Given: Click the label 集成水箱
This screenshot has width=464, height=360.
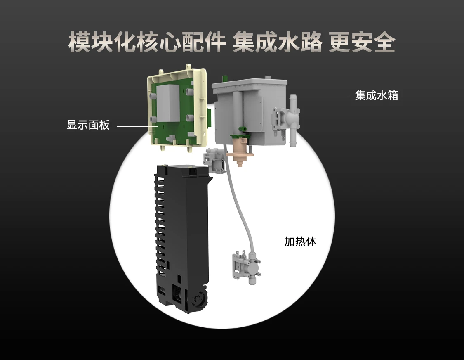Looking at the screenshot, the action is (377, 96).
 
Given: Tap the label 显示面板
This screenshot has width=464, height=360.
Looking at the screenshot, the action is (88, 125).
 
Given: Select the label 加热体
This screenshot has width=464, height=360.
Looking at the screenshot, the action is (300, 242).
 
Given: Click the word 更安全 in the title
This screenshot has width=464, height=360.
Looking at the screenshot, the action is (362, 43).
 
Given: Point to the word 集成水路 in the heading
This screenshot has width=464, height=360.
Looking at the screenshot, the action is (277, 43).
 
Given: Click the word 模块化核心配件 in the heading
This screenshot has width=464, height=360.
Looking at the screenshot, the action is (147, 43).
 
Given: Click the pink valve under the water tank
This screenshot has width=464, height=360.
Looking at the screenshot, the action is (240, 151).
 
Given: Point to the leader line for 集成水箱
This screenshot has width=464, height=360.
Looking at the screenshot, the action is (313, 97).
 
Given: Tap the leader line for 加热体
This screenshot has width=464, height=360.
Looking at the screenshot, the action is (243, 242).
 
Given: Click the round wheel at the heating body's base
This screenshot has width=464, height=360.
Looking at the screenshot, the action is (198, 299).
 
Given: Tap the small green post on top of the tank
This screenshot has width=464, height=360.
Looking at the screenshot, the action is (225, 78).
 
